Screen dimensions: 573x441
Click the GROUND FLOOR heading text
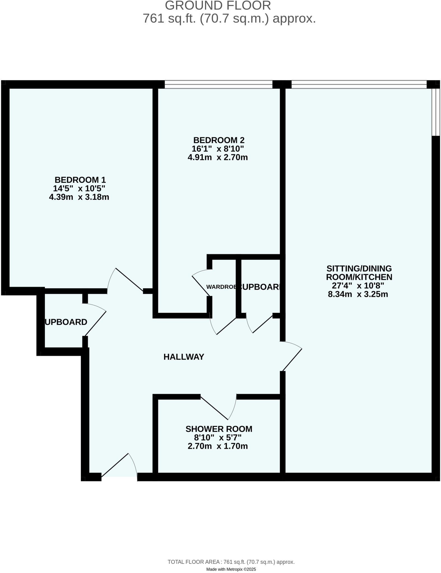click(x=218, y=6)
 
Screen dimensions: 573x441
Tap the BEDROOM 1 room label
click(x=80, y=180)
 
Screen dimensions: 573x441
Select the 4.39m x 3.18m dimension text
click(x=79, y=197)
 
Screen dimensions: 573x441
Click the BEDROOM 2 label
click(x=219, y=140)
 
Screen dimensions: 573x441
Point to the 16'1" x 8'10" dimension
click(x=218, y=149)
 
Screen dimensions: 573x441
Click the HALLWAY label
click(x=184, y=357)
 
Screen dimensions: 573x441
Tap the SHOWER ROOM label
click(x=219, y=429)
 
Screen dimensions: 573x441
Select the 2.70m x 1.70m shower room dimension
click(x=218, y=446)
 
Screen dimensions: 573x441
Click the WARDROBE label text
click(x=221, y=287)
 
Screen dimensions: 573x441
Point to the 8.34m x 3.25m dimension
click(x=358, y=294)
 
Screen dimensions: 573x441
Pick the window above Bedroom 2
click(x=218, y=84)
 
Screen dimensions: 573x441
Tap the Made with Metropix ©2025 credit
click(x=231, y=569)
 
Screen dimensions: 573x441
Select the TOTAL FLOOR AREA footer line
click(x=231, y=562)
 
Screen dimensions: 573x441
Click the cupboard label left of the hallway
click(x=66, y=322)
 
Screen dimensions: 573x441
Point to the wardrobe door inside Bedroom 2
click(x=201, y=284)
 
